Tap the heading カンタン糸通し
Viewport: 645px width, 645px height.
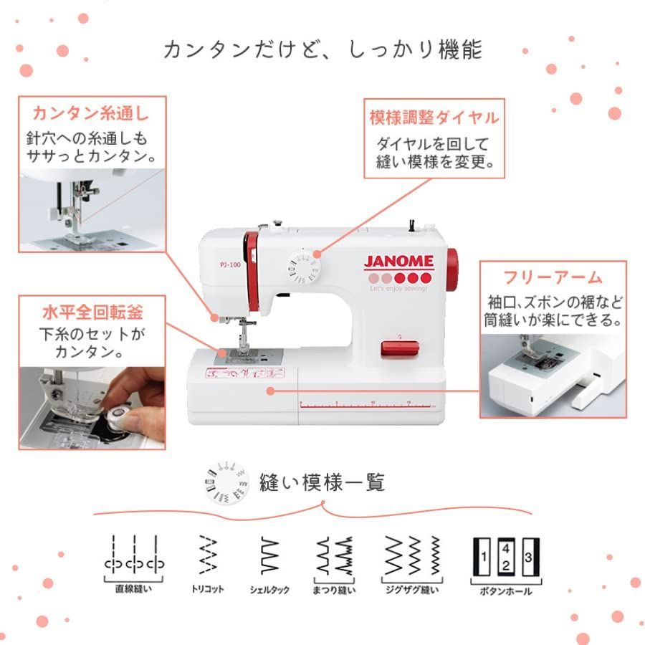[x=90, y=114]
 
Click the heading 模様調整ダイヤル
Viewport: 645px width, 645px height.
[x=434, y=117]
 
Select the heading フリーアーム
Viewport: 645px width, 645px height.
[x=553, y=277]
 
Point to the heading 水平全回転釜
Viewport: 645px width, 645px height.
[x=92, y=312]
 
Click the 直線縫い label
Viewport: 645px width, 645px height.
[x=133, y=589]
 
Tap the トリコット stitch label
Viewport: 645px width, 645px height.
[x=208, y=589]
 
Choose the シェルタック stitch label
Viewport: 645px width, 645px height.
[x=269, y=590]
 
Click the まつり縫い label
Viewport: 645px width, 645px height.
[x=335, y=590]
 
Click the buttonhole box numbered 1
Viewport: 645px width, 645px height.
[x=484, y=556]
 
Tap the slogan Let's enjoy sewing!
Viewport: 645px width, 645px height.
[x=398, y=288]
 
